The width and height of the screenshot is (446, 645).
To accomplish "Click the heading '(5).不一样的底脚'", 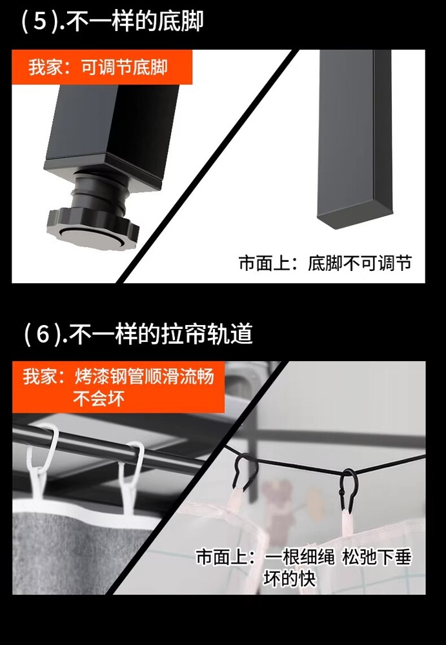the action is [x=112, y=21].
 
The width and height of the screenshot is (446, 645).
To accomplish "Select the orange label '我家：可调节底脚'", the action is [x=98, y=67].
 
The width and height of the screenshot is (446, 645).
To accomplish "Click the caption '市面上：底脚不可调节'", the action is [x=325, y=263].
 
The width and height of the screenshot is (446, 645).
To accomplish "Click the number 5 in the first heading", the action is [x=39, y=21].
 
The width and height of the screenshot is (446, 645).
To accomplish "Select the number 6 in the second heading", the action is [x=43, y=333].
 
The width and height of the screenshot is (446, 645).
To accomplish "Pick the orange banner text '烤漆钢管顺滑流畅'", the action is [x=144, y=377].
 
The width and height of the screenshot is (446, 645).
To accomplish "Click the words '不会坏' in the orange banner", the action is [x=99, y=398].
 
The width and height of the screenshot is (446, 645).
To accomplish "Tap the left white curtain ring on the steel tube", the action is [x=41, y=461].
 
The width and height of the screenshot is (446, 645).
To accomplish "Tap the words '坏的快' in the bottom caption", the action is [x=290, y=579].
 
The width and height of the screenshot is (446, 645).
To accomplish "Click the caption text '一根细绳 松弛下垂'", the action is [x=338, y=557].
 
